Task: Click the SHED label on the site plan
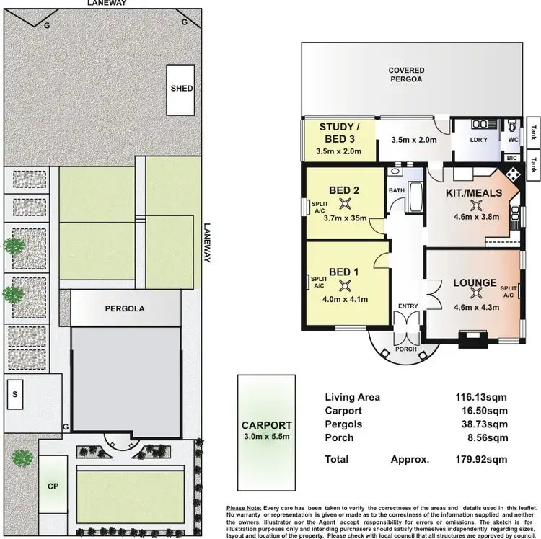(x=182, y=89)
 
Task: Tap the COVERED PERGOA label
(x=407, y=75)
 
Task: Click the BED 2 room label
(x=344, y=190)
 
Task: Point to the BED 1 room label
(x=344, y=272)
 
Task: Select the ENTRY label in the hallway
(x=408, y=306)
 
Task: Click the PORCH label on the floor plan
(x=405, y=351)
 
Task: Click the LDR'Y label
(x=476, y=140)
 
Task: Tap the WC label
(x=513, y=140)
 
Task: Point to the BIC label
(x=512, y=157)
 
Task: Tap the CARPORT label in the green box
(x=266, y=425)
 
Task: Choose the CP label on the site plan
(x=53, y=486)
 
